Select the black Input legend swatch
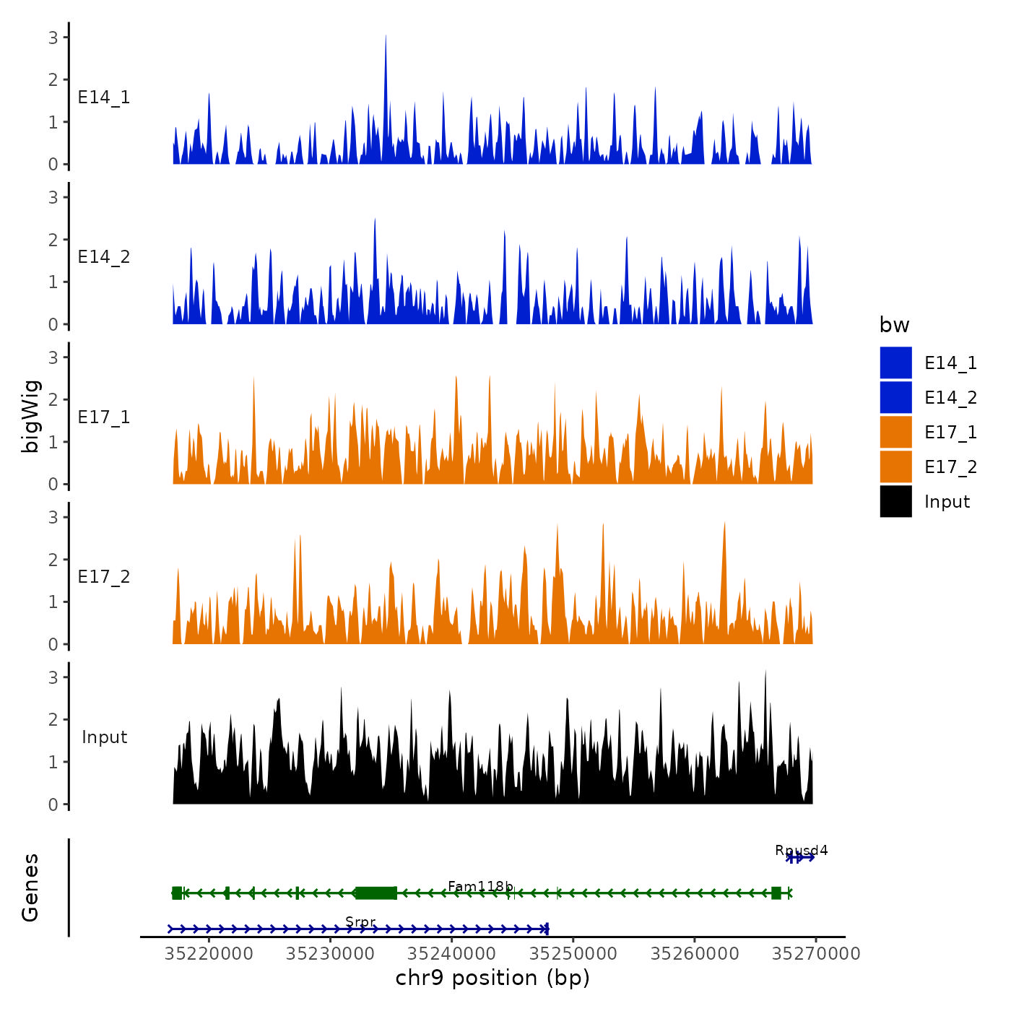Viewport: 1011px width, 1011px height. click(x=895, y=501)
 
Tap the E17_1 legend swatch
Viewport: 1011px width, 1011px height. click(x=895, y=432)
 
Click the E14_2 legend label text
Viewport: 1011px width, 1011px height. click(x=950, y=398)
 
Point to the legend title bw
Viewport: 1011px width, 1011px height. click(x=894, y=326)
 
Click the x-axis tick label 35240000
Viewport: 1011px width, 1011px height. click(x=452, y=954)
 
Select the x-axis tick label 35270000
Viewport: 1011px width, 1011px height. click(x=816, y=954)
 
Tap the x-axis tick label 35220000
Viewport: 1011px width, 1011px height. click(x=209, y=954)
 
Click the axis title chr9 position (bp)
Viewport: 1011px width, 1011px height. click(x=493, y=979)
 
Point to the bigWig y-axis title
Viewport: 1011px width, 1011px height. click(x=30, y=417)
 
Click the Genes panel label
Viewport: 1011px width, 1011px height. click(x=30, y=888)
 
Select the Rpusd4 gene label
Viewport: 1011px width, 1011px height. click(x=801, y=850)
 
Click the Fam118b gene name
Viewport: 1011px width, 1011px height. click(x=480, y=886)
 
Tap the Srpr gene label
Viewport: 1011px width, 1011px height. click(x=360, y=921)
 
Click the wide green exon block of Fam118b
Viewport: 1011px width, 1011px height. click(x=376, y=893)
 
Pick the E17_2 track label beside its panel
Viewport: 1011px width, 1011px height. click(x=104, y=577)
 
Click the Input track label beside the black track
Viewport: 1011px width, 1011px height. click(x=104, y=737)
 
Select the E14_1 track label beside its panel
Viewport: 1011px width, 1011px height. click(x=104, y=97)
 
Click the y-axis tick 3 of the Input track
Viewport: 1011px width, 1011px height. click(x=53, y=677)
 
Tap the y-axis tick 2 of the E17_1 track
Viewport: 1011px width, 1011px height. click(x=53, y=399)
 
